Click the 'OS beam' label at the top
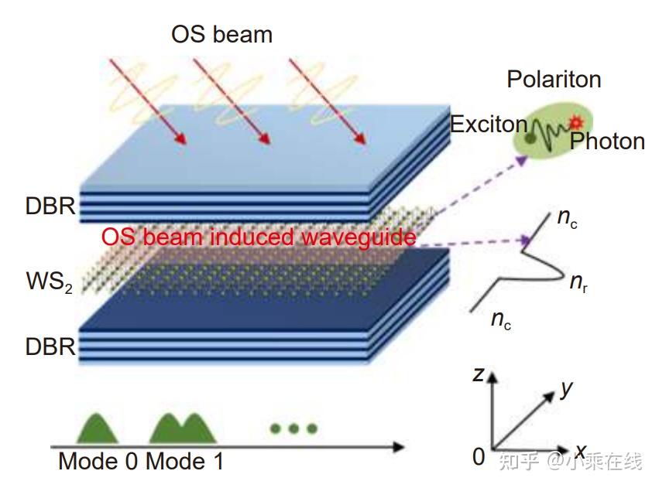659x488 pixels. click(x=221, y=34)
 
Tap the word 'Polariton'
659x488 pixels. click(x=554, y=79)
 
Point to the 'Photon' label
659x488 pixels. click(x=607, y=141)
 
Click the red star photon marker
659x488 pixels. click(x=575, y=121)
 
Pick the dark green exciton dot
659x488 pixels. click(x=530, y=138)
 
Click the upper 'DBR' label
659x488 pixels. click(x=50, y=206)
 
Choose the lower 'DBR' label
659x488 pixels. click(x=50, y=347)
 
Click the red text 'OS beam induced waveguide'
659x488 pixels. click(x=258, y=237)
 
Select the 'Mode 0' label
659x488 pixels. click(x=98, y=462)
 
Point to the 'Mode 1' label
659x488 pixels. click(x=184, y=462)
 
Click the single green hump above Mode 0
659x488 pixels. click(x=95, y=430)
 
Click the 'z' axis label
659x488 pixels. click(x=479, y=375)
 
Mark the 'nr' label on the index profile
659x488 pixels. click(x=577, y=283)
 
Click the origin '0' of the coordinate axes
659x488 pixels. click(x=479, y=457)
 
